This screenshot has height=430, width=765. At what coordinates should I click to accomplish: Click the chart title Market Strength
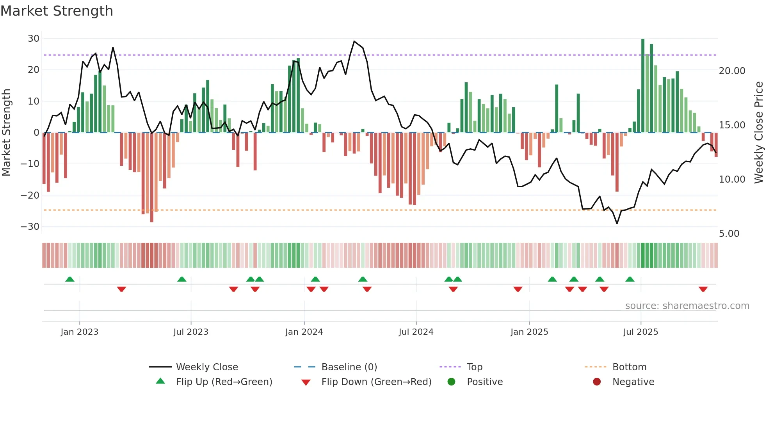(57, 11)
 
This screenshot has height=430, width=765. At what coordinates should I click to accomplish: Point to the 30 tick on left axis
(34, 39)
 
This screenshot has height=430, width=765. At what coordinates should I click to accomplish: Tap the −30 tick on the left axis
(30, 227)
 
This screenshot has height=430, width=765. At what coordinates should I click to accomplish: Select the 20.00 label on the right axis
(732, 71)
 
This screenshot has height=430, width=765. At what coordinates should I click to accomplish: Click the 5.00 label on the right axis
(729, 234)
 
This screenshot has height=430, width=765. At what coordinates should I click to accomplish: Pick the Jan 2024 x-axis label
(304, 332)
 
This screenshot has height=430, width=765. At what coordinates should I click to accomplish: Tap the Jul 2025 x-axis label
(640, 332)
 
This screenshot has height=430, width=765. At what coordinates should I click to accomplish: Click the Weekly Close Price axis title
(758, 133)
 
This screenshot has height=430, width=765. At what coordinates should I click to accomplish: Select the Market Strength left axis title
(7, 133)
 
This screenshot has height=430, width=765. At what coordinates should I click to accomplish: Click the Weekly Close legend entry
(206, 367)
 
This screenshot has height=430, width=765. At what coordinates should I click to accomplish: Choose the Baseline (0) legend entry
(349, 367)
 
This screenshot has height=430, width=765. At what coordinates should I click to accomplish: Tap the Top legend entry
(474, 367)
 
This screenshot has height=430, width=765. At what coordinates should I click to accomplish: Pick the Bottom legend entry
(629, 367)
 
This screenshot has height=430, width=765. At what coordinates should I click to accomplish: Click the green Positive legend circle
(452, 382)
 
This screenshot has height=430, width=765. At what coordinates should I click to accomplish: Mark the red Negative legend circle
(597, 382)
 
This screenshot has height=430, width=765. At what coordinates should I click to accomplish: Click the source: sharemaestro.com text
(687, 306)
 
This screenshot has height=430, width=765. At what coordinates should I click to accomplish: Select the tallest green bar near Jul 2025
(643, 86)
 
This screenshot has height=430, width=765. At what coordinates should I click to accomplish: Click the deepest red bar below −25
(152, 178)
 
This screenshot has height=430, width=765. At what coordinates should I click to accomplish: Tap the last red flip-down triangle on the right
(703, 289)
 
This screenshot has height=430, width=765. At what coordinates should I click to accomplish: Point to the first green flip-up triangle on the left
(70, 279)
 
